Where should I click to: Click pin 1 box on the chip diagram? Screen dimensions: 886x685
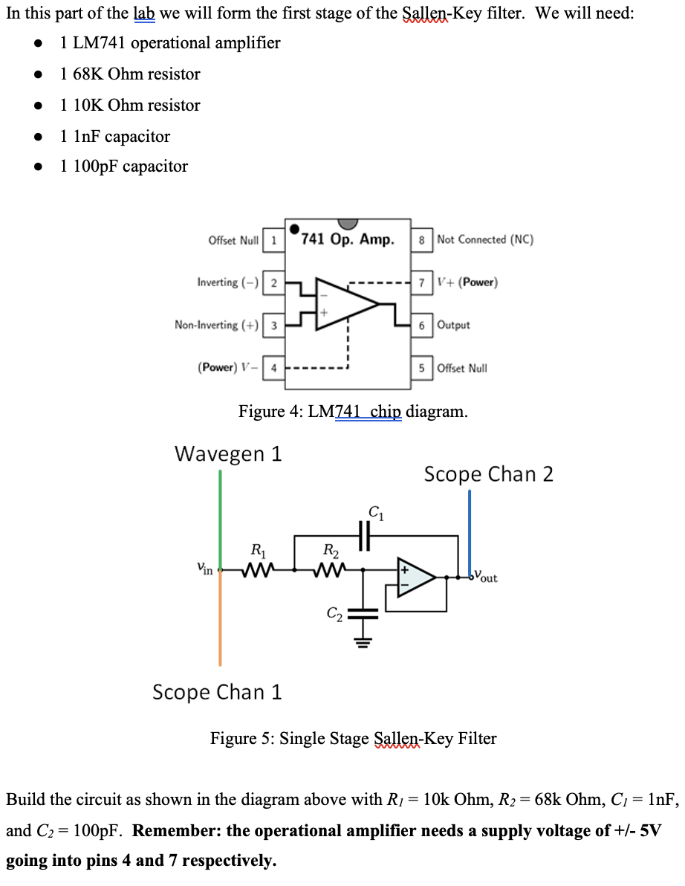pos(273,240)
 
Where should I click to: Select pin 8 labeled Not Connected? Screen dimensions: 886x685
pos(422,239)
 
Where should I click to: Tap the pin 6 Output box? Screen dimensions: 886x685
pos(422,325)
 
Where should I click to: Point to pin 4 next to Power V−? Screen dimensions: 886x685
pos(273,368)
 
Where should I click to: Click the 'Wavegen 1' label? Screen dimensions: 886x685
pos(228,453)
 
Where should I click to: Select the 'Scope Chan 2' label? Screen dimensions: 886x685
pos(488,474)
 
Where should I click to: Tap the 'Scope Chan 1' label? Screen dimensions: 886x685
pos(217,692)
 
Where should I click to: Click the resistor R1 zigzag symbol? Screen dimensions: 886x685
pos(258,571)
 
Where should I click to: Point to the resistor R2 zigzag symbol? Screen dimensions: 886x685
pos(328,571)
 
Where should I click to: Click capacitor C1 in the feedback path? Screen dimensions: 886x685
pos(364,534)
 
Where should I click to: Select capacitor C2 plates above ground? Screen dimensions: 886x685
pos(363,614)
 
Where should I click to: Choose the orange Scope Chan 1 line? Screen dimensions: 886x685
pos(220,624)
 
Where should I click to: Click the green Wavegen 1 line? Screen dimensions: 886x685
pos(220,520)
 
